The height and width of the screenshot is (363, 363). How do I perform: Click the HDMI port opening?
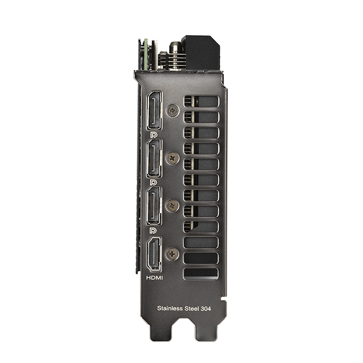click(x=155, y=254)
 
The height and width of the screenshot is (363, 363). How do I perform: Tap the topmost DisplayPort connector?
click(x=155, y=110)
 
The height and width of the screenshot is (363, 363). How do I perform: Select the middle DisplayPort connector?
click(x=155, y=158)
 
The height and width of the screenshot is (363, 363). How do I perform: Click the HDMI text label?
click(x=155, y=277)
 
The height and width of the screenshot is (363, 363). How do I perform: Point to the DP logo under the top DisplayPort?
click(x=153, y=135)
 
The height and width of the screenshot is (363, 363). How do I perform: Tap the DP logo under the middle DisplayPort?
click(x=153, y=183)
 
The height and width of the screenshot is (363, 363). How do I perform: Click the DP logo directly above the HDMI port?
click(x=153, y=230)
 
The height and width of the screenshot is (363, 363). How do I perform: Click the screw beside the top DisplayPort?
click(x=173, y=110)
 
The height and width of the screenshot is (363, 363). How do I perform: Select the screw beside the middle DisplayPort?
click(x=173, y=158)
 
